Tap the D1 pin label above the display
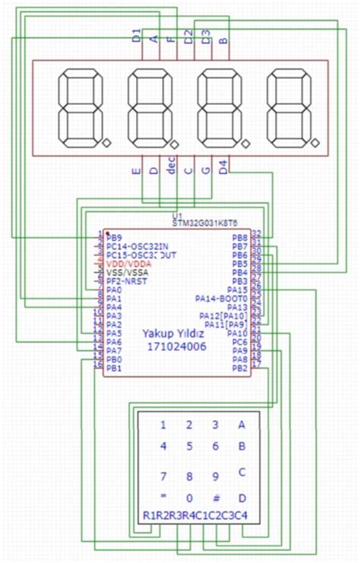(137, 35)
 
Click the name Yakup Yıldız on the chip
(173, 334)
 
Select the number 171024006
(173, 346)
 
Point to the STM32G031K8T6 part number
(205, 223)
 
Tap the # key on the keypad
(216, 498)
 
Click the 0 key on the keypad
(190, 498)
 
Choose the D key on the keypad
(242, 498)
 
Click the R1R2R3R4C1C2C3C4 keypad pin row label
(195, 517)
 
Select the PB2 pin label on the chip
(239, 368)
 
